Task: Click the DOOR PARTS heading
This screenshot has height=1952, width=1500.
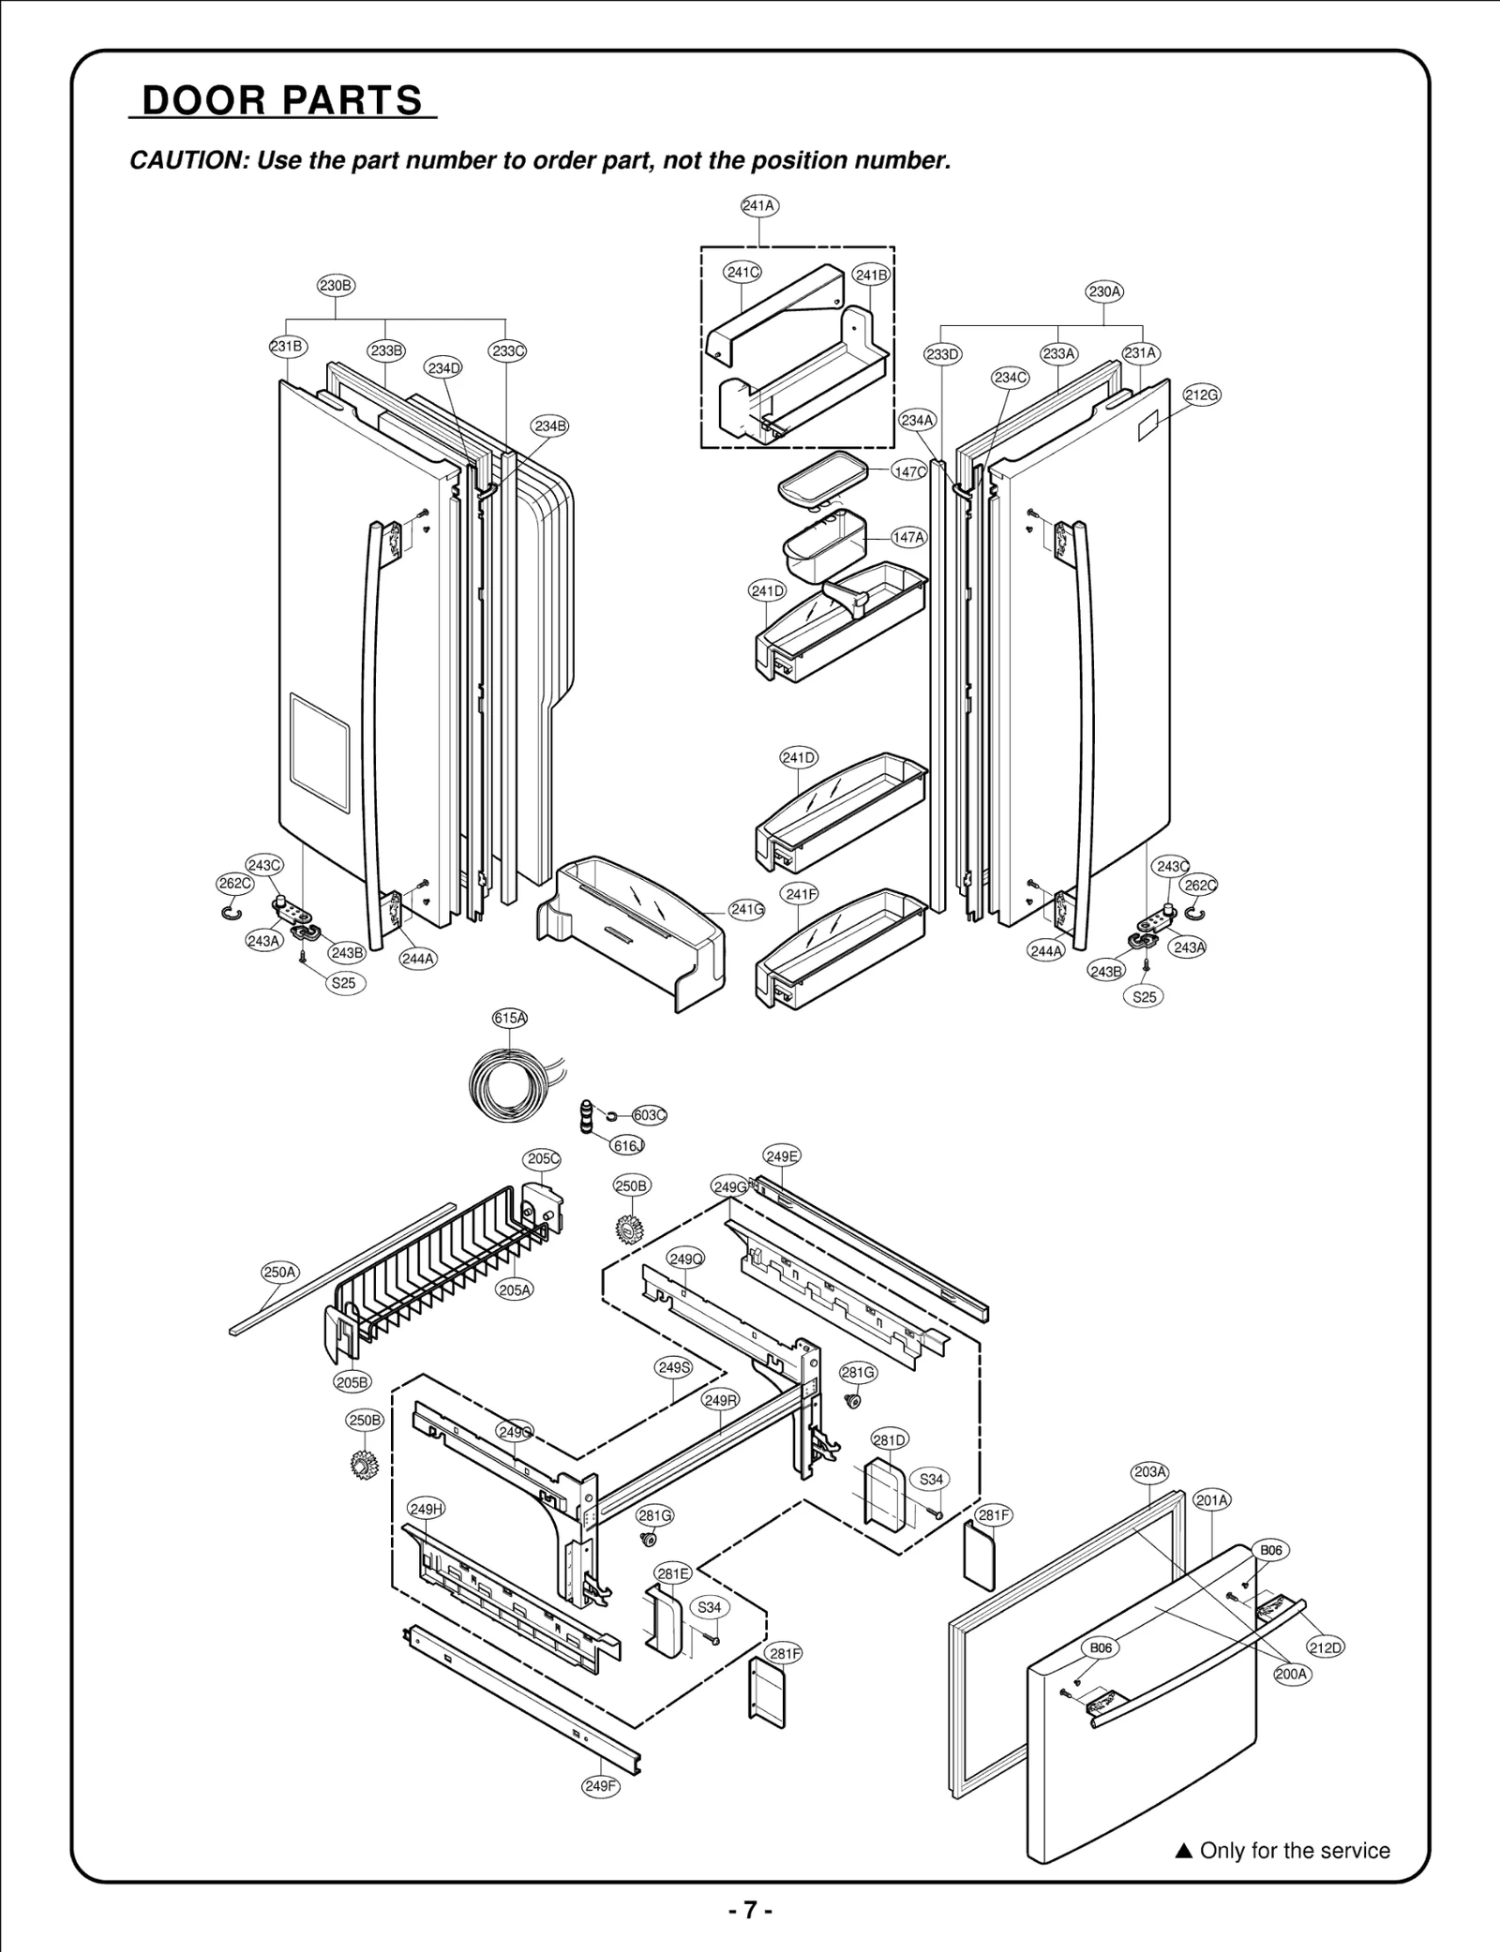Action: coord(282,100)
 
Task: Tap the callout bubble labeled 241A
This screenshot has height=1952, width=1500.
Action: coord(759,205)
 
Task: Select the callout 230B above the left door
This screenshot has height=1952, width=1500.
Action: coord(336,285)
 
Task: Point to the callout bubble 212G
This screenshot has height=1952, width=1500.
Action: coord(1201,395)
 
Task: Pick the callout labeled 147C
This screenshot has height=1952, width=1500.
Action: coord(908,471)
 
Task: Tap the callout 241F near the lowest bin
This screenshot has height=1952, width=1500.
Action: coord(801,894)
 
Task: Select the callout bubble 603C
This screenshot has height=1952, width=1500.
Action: coord(649,1115)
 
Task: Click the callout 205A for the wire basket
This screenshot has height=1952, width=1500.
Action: coord(515,1290)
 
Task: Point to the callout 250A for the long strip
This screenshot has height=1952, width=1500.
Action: coord(279,1273)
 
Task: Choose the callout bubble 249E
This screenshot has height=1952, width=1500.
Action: coord(782,1156)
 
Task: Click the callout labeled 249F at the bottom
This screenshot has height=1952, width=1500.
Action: coord(601,1786)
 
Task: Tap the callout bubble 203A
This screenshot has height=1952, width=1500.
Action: coord(1150,1472)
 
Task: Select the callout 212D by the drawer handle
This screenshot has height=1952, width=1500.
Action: coord(1326,1647)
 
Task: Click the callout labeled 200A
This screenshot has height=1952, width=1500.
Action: coord(1292,1674)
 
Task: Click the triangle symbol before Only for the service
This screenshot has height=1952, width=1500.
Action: coord(1183,1851)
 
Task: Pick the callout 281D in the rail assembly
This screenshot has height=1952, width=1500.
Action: coord(890,1440)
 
